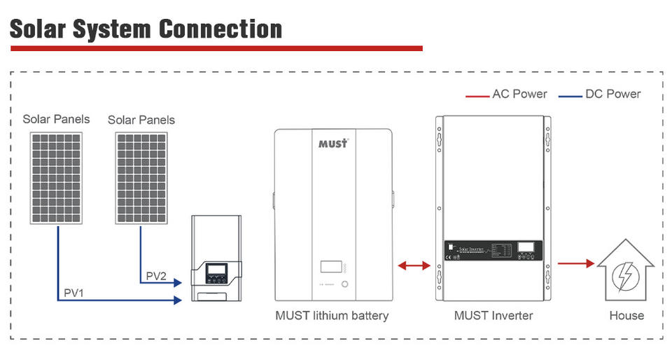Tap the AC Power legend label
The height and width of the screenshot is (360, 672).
pos(519,94)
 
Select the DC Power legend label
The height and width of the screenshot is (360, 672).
pos(613,94)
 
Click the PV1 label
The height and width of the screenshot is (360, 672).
pos(73,292)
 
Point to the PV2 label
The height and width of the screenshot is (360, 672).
pos(156,275)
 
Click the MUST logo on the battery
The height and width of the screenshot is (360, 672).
pos(333,143)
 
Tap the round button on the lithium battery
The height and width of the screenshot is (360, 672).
pos(345,284)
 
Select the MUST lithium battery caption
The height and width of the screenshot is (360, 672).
pos(332,316)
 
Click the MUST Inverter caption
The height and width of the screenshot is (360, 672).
pos(493,316)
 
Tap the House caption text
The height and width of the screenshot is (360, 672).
pos(626,316)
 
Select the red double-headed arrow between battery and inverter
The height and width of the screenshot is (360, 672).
pos(414,265)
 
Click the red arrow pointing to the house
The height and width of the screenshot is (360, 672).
pos(575,264)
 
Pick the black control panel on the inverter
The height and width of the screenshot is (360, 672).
pos(493,250)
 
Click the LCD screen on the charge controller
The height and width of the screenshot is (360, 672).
pos(215,270)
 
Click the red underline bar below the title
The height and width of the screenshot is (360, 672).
pos(216,48)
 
